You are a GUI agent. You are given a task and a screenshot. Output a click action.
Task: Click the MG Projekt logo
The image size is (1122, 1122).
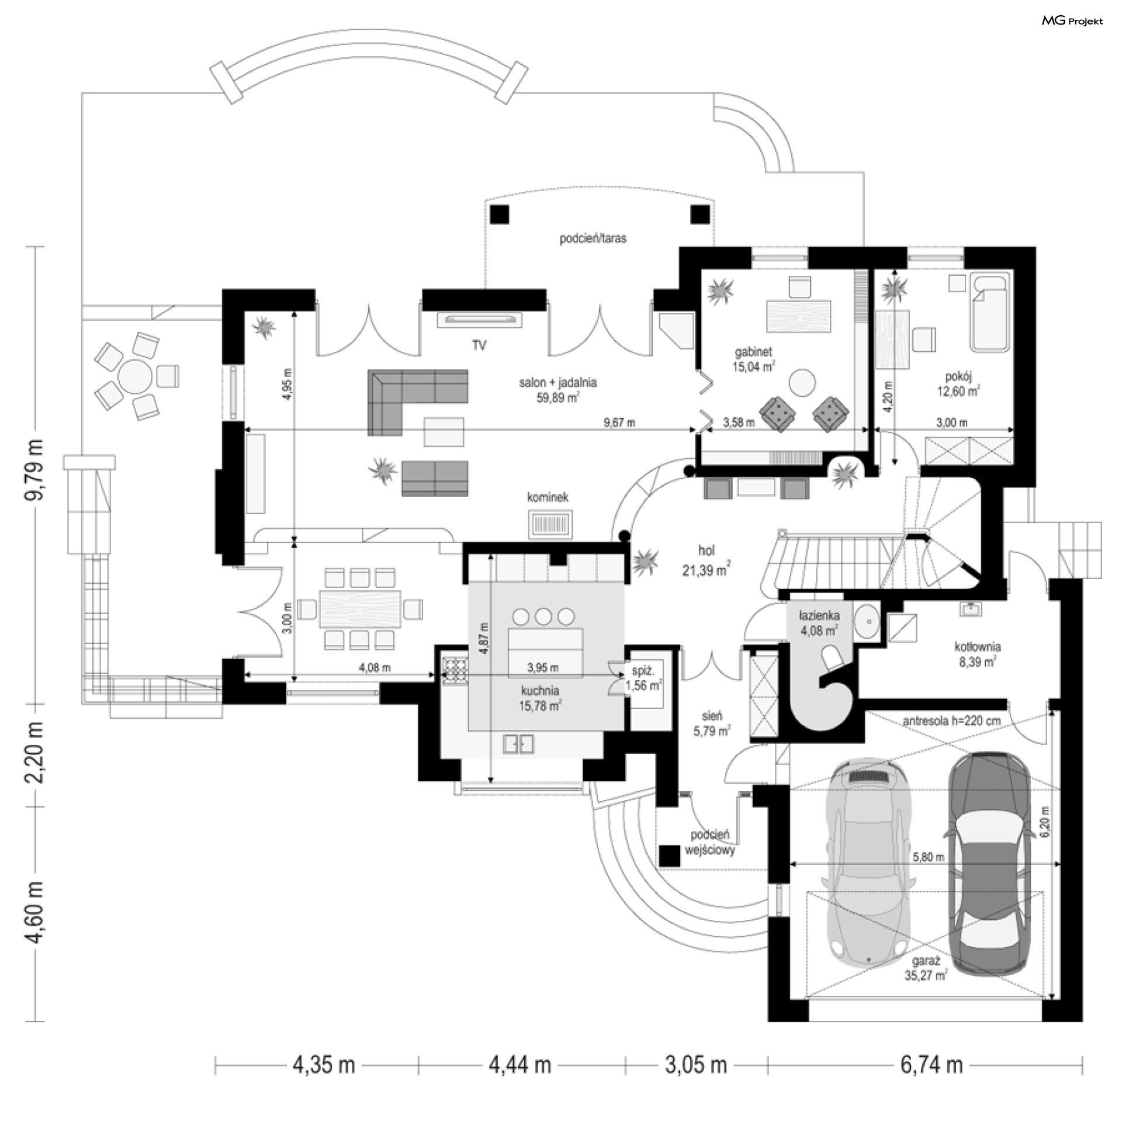click(x=1072, y=21)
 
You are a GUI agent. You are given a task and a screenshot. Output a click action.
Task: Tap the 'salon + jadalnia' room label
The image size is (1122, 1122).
click(x=557, y=383)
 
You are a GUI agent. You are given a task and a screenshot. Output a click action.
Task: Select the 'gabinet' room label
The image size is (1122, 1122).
click(x=753, y=352)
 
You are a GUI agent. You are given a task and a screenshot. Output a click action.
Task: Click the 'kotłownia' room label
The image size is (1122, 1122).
click(x=978, y=647)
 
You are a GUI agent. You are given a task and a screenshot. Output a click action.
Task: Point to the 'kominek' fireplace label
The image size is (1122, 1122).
click(x=548, y=497)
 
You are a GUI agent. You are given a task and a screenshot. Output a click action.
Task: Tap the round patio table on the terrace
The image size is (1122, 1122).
click(x=134, y=375)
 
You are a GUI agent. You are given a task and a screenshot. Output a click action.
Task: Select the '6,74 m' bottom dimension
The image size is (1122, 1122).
click(x=931, y=1065)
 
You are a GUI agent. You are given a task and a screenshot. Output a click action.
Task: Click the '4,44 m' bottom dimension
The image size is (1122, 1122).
click(x=520, y=1065)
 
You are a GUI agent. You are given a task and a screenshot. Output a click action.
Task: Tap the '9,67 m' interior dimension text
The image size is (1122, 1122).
click(x=619, y=423)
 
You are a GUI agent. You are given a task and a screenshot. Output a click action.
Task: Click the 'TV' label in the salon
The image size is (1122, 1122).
click(x=479, y=345)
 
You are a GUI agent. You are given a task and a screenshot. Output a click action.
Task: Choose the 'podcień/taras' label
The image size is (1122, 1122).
click(x=593, y=238)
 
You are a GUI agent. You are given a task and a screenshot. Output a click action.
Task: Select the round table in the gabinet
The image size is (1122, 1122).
click(x=802, y=383)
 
